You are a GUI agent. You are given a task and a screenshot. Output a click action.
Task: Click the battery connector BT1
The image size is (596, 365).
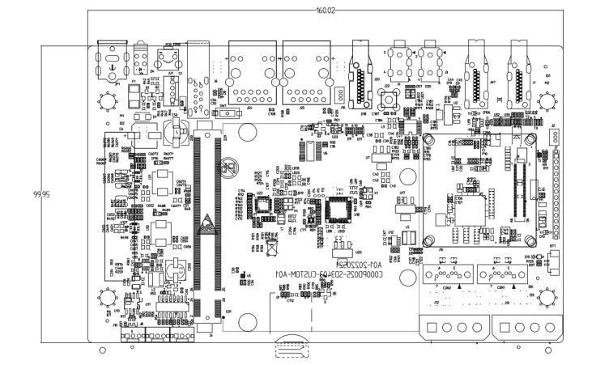point(554,257)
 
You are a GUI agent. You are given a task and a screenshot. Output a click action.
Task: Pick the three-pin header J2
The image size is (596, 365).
point(555,136)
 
